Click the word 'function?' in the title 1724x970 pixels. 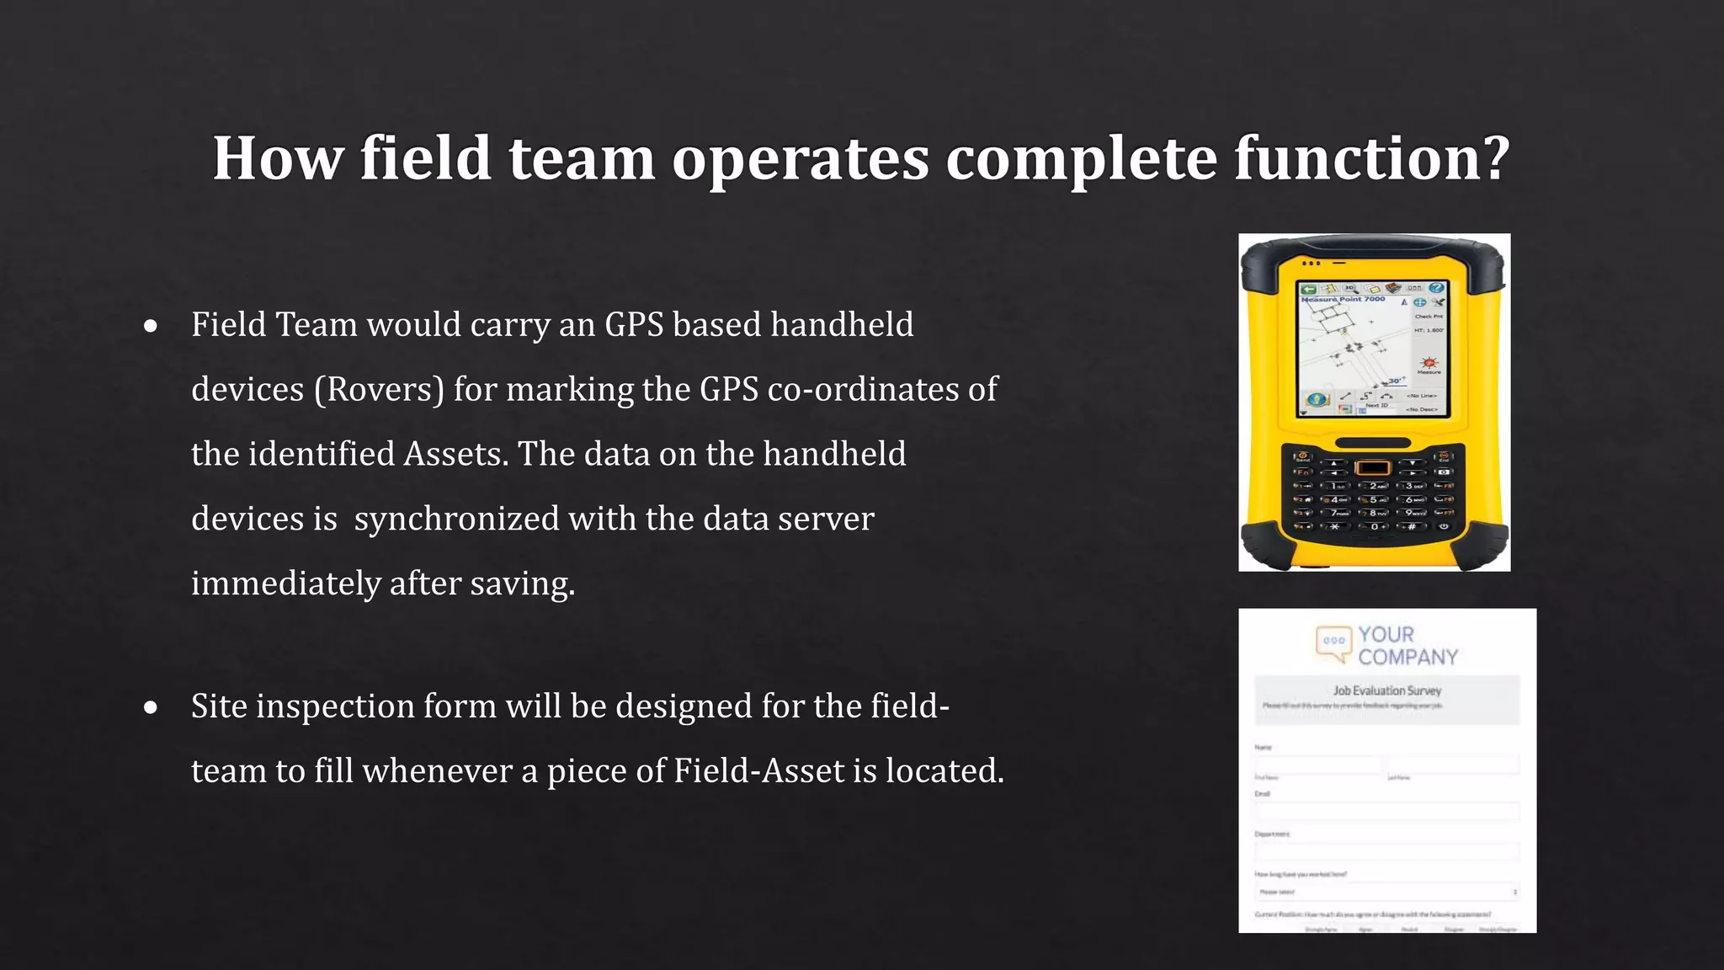1371,158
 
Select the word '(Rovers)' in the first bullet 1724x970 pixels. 379,390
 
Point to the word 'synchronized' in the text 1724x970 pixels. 456,519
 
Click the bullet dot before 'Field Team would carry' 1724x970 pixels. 151,327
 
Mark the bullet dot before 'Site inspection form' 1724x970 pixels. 151,708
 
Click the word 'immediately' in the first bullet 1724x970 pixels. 285,584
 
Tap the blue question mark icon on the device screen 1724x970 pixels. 1436,288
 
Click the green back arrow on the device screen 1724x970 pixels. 1309,289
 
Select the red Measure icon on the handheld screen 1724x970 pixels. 1429,363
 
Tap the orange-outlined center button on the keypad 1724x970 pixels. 1373,467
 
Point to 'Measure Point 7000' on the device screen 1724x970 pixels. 1343,300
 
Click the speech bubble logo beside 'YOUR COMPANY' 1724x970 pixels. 1333,642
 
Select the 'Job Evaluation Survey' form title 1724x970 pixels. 1386,690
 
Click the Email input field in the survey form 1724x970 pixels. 1386,811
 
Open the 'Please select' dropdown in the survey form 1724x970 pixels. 1386,892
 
